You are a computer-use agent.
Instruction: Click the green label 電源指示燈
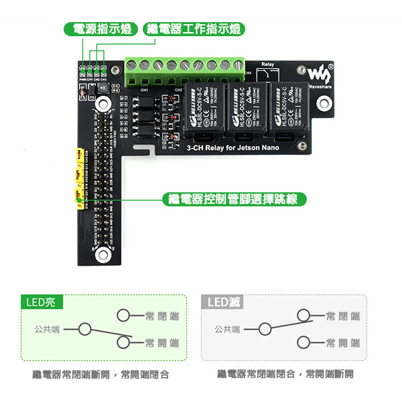(102, 29)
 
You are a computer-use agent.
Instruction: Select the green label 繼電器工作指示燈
(194, 29)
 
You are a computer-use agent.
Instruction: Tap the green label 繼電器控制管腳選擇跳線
(235, 199)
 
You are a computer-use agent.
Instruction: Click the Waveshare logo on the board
(320, 72)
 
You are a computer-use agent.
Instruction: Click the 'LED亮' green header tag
(41, 302)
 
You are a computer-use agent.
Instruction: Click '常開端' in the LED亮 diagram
(161, 343)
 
